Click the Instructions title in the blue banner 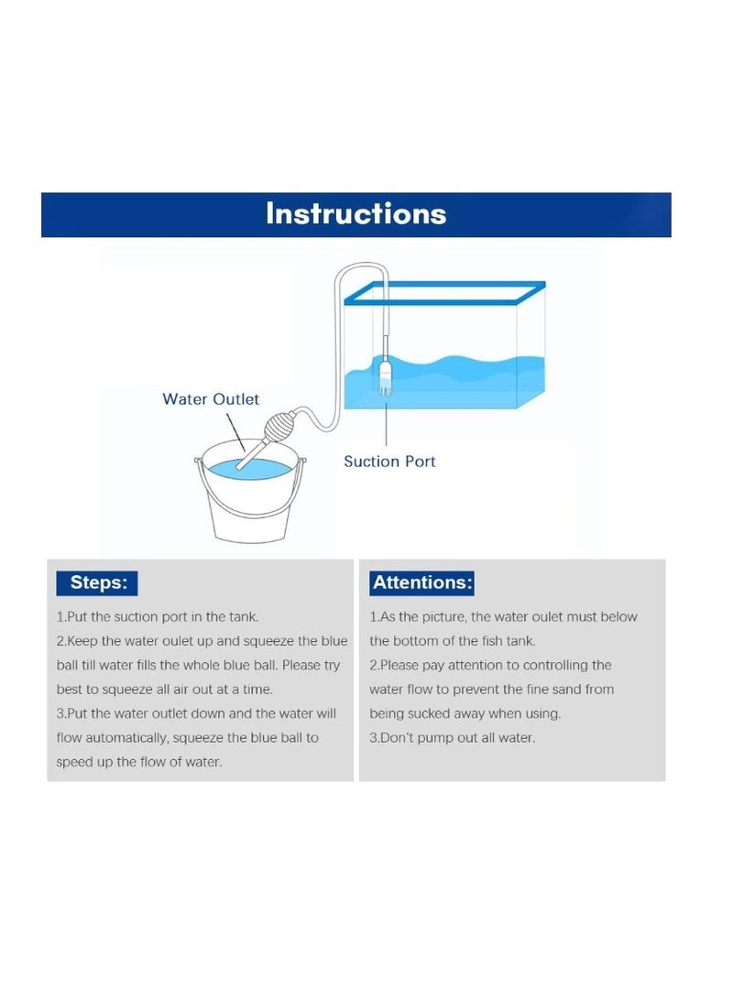pyautogui.click(x=356, y=213)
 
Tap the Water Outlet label pyautogui.click(x=211, y=399)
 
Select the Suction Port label pyautogui.click(x=389, y=462)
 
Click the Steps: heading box pyautogui.click(x=97, y=583)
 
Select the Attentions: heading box pyautogui.click(x=421, y=583)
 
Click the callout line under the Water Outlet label pyautogui.click(x=235, y=431)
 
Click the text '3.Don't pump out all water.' pyautogui.click(x=453, y=738)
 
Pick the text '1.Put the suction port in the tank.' pyautogui.click(x=158, y=617)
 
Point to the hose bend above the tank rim pyautogui.click(x=361, y=266)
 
